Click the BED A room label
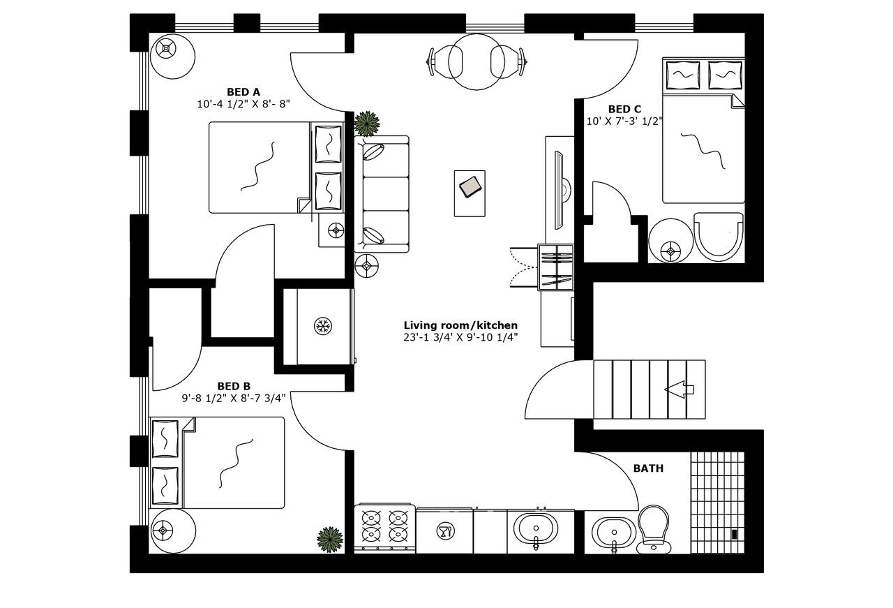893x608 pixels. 243,91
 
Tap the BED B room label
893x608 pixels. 234,386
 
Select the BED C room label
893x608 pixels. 624,109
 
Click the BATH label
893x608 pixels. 648,468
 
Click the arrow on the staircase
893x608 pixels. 681,390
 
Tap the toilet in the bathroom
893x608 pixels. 654,528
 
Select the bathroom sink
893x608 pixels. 613,533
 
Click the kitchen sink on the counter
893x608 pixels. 536,528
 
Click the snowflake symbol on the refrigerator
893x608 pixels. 322,325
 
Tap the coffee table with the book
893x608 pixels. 470,187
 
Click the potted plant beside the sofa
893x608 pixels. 367,124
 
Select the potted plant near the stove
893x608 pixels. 329,539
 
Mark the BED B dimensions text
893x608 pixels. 234,399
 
